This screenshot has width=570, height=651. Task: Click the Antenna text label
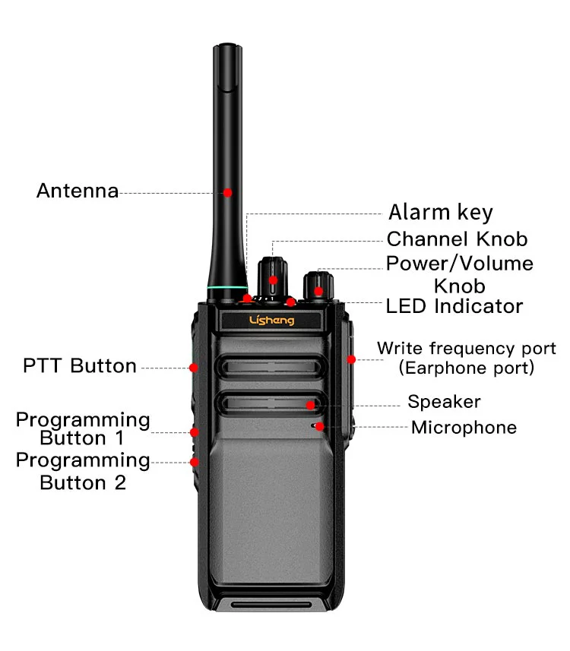tap(78, 191)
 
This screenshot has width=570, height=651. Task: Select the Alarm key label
tap(441, 213)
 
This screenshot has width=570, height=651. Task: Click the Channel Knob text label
tap(457, 239)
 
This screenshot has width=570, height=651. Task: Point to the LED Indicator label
tap(454, 306)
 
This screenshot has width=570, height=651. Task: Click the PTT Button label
tap(80, 366)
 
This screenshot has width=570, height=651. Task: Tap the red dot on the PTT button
tap(194, 368)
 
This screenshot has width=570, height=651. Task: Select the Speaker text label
tap(444, 402)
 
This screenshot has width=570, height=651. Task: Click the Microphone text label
tap(464, 428)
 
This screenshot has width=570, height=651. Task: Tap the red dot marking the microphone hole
tap(320, 426)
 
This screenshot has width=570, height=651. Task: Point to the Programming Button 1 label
tap(83, 429)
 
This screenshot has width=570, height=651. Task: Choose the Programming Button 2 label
tap(83, 472)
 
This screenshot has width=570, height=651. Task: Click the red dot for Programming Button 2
tap(195, 461)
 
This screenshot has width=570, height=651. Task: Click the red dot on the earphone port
tap(350, 359)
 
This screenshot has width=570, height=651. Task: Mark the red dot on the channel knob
tap(272, 280)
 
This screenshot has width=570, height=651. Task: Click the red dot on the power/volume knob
tap(319, 290)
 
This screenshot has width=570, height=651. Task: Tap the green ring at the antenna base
tap(226, 288)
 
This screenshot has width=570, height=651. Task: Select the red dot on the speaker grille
tap(311, 404)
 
